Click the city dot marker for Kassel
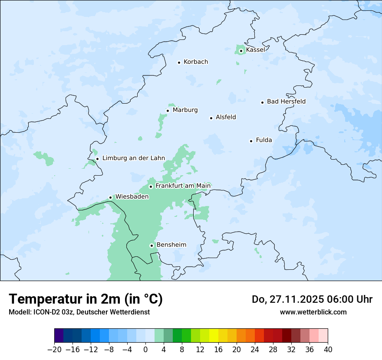[241, 51]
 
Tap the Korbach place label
[196, 62]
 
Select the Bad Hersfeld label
[286, 101]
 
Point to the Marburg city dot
[168, 111]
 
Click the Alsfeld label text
[226, 117]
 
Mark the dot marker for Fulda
[251, 141]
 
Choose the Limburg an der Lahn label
[133, 158]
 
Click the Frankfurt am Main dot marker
[151, 187]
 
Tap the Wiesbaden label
[132, 197]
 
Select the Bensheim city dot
[151, 245]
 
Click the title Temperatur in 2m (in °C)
[86, 299]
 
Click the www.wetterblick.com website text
[313, 312]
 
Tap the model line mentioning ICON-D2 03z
[79, 312]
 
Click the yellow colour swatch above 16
[214, 336]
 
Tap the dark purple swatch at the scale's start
[59, 336]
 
